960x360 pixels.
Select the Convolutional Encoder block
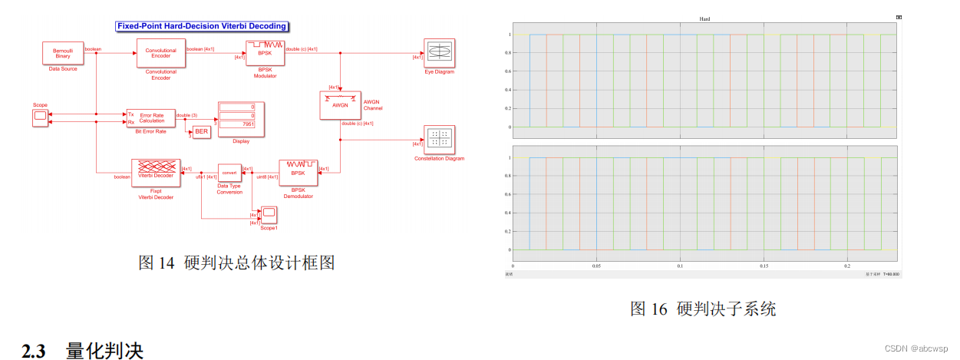click(161, 53)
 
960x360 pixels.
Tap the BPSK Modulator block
click(265, 52)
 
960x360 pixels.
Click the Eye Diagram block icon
click(439, 52)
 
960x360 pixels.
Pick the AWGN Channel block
click(340, 105)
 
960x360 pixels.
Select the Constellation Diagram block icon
click(439, 139)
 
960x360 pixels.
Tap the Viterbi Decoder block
click(156, 173)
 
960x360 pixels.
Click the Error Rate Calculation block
click(150, 117)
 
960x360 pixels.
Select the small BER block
click(201, 132)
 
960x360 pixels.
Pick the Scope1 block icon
click(269, 213)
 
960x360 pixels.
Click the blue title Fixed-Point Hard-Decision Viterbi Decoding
click(202, 26)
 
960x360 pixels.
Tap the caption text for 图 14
click(236, 263)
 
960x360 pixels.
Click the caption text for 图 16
click(702, 309)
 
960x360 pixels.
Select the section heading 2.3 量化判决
click(83, 350)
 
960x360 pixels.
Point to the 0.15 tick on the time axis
click(764, 266)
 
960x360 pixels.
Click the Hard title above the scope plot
click(704, 18)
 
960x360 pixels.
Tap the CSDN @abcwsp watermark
click(916, 348)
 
